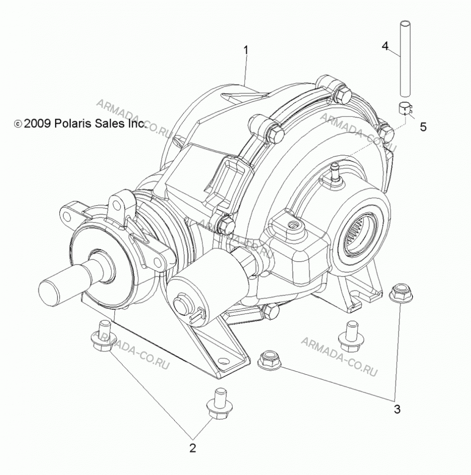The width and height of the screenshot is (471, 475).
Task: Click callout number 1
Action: point(246,50)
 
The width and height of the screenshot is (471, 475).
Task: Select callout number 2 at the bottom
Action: point(193,448)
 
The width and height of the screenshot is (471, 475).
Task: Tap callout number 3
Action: point(397,409)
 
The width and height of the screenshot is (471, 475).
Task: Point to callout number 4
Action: point(385,46)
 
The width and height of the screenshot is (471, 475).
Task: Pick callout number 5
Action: point(423,127)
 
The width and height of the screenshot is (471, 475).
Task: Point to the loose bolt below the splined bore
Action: point(350,336)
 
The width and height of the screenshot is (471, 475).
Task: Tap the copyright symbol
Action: point(18,124)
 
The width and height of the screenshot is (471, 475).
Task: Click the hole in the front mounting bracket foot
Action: point(223,361)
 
